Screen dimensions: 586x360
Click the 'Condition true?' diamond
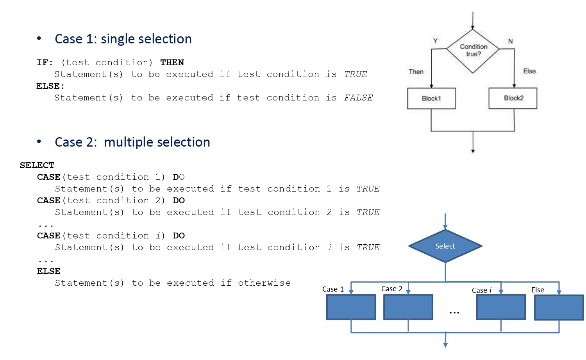pos(473,51)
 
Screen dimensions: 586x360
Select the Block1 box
pos(431,98)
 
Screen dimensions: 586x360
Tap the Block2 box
pos(513,98)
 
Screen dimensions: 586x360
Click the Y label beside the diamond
pos(435,41)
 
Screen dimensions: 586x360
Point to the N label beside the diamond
pos(510,41)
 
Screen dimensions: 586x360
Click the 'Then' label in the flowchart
pos(416,72)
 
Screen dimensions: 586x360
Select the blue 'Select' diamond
pos(445,246)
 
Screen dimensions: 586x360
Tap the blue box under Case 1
pos(351,307)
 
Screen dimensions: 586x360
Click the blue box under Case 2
pos(408,307)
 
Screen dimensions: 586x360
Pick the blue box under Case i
pos(501,307)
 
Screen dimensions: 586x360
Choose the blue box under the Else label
pos(559,307)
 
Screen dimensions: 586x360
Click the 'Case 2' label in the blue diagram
pos(391,288)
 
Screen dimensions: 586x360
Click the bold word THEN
pos(172,62)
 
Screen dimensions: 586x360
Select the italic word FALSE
pos(358,98)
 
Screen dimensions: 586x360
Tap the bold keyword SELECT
pos(37,165)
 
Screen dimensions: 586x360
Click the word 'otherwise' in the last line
pos(264,283)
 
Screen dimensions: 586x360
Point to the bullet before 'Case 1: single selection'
pos(39,38)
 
